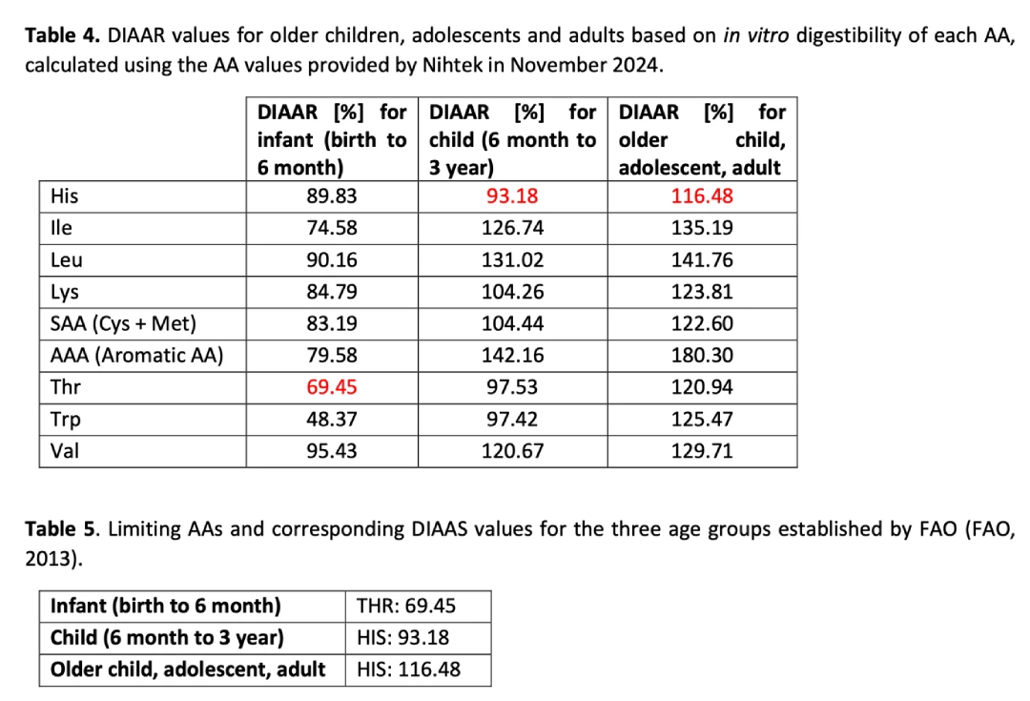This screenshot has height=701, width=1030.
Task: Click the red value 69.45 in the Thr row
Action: point(332,387)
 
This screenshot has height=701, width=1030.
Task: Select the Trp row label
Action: point(63,419)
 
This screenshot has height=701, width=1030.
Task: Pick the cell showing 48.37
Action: point(332,419)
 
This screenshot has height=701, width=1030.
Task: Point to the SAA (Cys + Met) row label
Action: point(122,324)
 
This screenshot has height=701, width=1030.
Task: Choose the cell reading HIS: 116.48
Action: point(408,670)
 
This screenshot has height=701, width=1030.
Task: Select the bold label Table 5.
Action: point(63,529)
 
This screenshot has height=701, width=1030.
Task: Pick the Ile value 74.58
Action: point(332,229)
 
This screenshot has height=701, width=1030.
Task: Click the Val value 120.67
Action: point(512,450)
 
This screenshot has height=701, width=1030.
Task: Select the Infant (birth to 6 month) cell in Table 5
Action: point(165,606)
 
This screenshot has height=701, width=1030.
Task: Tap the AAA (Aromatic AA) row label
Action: point(135,356)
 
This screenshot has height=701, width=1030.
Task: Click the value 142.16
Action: point(512,356)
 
